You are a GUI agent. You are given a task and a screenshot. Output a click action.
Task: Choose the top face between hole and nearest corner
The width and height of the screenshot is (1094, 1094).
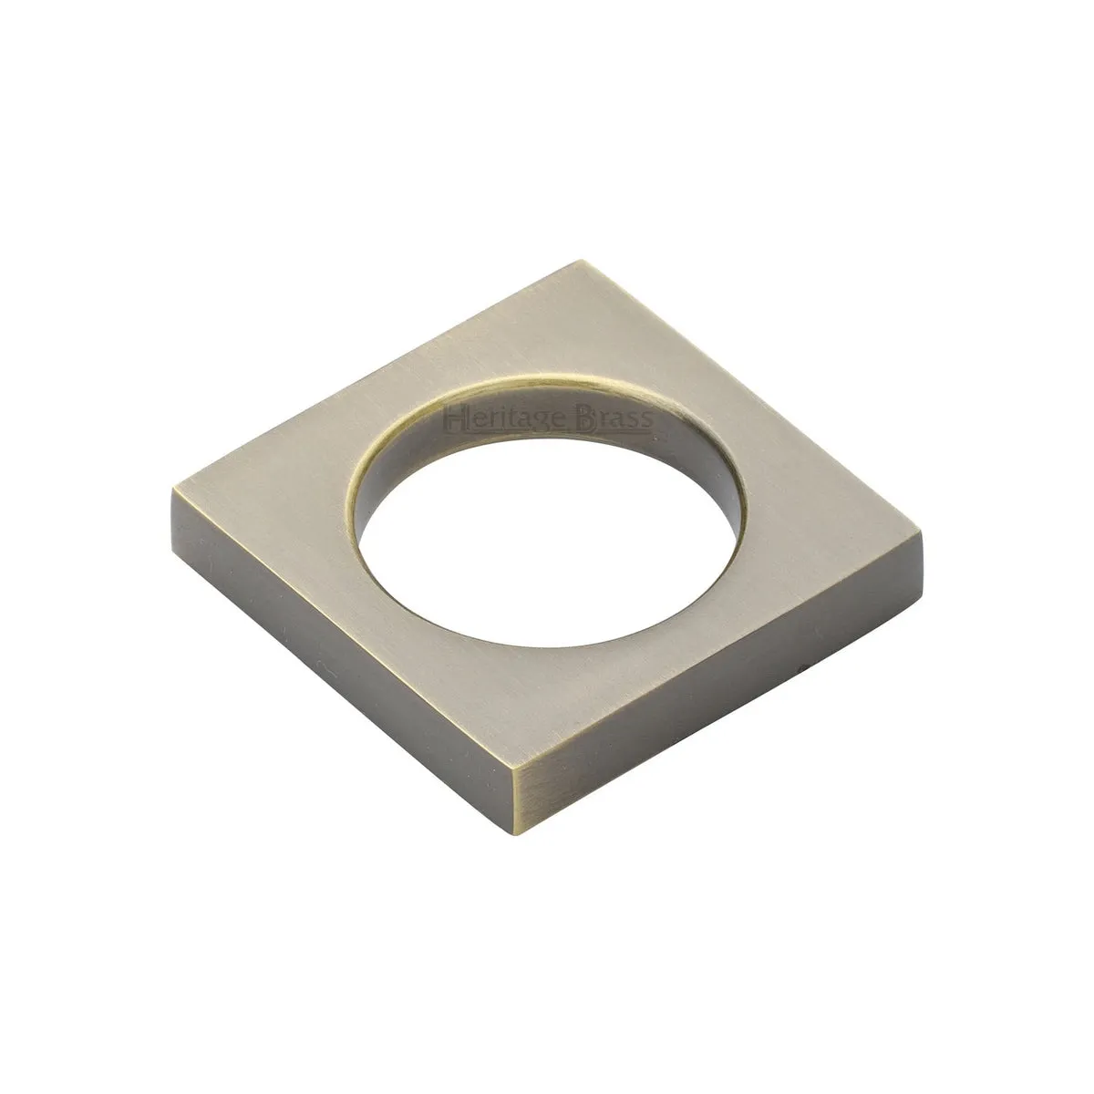click(x=529, y=702)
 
